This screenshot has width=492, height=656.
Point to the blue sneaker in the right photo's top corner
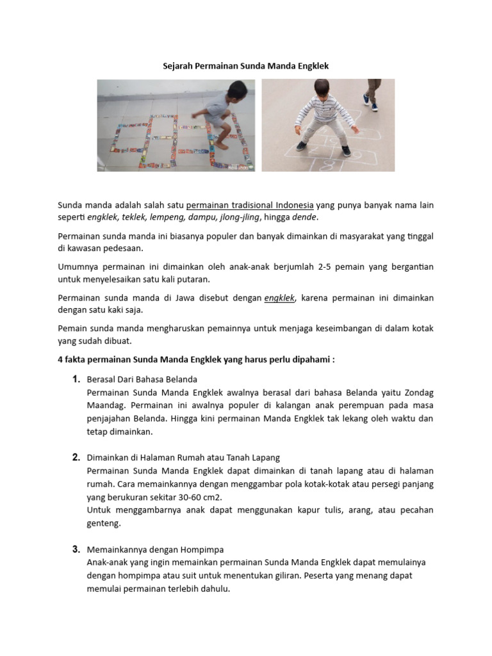click(367, 99)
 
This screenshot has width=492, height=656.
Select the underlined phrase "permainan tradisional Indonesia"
click(250, 206)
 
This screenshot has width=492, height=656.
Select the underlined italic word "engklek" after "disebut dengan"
click(279, 298)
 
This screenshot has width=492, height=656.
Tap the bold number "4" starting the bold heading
click(60, 359)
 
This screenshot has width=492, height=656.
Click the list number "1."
click(76, 379)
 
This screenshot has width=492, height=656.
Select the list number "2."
click(76, 457)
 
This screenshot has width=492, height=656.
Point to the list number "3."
click(76, 550)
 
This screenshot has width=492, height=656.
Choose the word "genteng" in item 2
click(103, 523)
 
